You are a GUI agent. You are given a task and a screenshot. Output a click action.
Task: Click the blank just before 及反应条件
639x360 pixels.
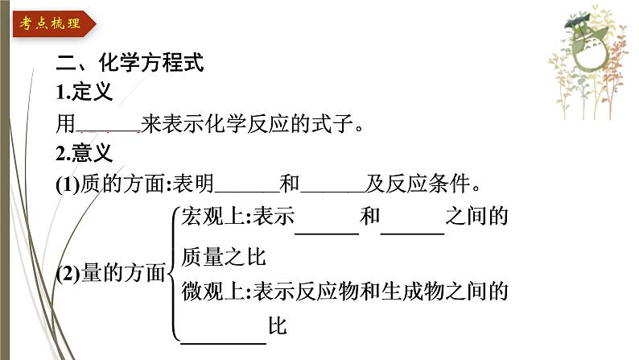(332, 186)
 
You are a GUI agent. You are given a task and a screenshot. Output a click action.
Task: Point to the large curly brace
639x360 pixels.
(172, 274)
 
